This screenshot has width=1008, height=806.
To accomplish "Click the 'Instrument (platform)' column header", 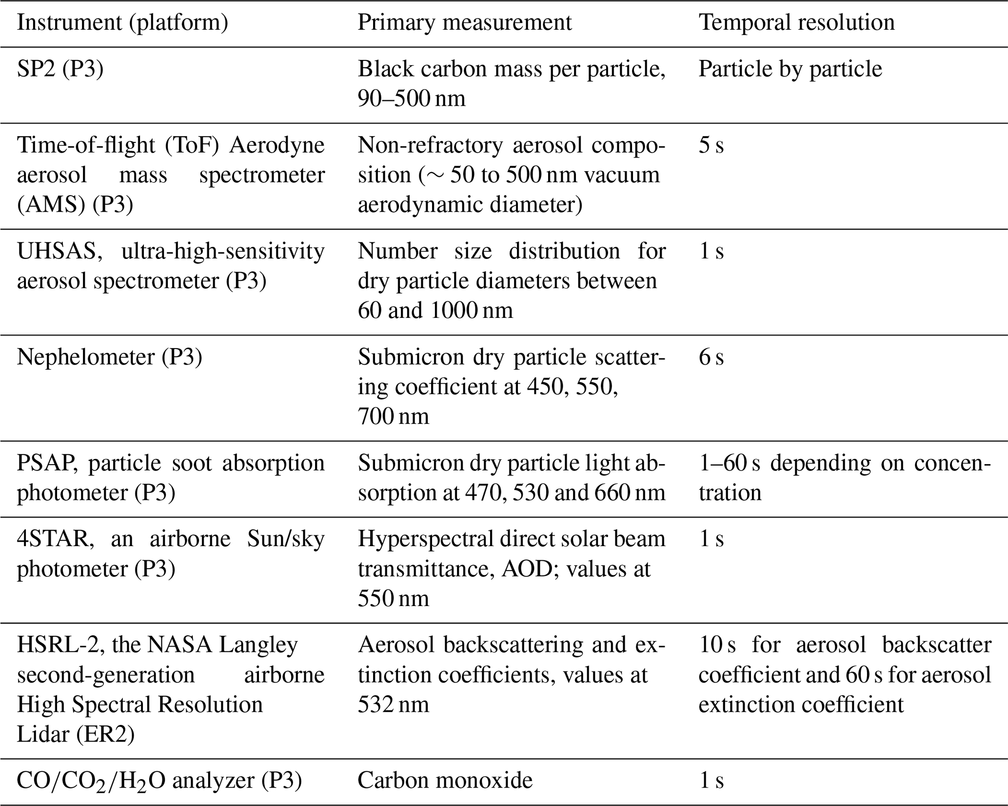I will (122, 22).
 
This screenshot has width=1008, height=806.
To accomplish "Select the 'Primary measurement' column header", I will (464, 22).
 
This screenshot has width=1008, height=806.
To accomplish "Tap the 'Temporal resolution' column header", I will (796, 22).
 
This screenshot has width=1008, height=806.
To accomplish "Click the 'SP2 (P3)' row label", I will (60, 69).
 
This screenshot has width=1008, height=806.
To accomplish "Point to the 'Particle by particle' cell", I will (790, 69).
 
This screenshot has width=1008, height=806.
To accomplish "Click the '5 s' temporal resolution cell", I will (711, 145).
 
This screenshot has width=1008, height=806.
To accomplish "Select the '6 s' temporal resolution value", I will (711, 357).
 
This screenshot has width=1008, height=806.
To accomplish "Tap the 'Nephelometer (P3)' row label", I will (109, 357).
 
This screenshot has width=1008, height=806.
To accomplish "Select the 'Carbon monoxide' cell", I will (445, 781).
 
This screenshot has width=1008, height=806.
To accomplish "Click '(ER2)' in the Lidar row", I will (104, 735).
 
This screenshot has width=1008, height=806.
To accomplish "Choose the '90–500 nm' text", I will (411, 99).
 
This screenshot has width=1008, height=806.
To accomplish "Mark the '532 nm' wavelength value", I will (393, 705).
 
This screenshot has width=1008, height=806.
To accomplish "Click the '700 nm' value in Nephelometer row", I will (393, 416).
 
